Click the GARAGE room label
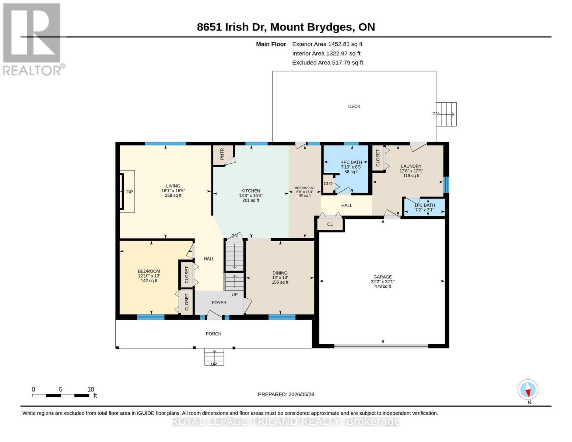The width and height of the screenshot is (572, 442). click(382, 277)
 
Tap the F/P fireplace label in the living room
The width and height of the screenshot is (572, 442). click(130, 192)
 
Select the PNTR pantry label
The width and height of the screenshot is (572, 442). click(222, 154)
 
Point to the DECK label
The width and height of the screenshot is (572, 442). click(354, 106)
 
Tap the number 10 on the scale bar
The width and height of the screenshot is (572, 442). click(91, 389)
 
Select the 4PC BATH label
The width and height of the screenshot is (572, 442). click(351, 162)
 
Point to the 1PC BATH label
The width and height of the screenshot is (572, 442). click(425, 205)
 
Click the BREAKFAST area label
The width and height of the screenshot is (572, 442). click(305, 188)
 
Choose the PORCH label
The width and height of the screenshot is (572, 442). click(214, 334)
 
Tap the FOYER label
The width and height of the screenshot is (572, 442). click(219, 303)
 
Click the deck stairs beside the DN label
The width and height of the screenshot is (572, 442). click(446, 114)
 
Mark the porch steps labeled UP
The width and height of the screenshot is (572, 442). click(214, 357)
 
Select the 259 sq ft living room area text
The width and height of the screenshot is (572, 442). click(173, 195)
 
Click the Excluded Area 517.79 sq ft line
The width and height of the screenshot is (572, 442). click(327, 63)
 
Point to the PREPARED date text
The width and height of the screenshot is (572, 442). click(286, 394)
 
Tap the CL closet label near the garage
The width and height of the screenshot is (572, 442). click(330, 224)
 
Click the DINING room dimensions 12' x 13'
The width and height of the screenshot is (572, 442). click(280, 277)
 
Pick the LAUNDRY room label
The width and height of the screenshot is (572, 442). click(411, 166)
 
